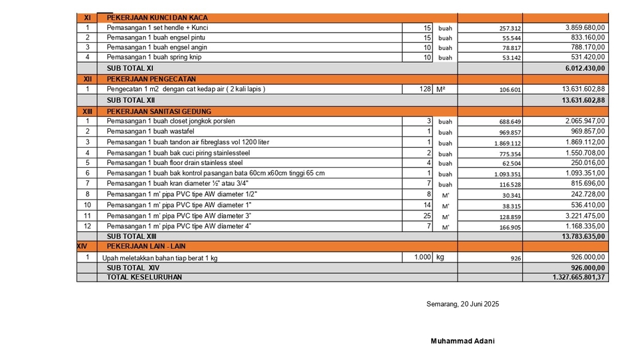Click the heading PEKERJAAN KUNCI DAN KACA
pos(158,17)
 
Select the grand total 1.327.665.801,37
pos(579,277)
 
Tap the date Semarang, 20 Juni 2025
pos(463,305)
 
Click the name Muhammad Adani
pos(463,341)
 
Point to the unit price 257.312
pos(510,29)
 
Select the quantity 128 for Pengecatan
pos(426,89)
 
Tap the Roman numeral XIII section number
pos(87,111)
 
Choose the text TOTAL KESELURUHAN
pos(144,277)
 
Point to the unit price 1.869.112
pos(507,144)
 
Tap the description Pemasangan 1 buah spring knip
pos(154,57)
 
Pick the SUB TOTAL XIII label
pos(132,236)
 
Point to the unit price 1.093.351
pos(507,174)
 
